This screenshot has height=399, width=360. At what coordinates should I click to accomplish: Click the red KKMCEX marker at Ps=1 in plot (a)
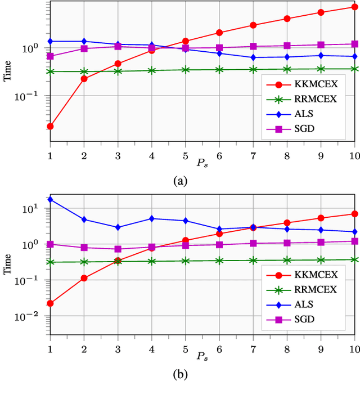pyautogui.click(x=50, y=126)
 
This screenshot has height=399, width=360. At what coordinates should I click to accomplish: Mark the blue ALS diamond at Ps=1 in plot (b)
pyautogui.click(x=50, y=199)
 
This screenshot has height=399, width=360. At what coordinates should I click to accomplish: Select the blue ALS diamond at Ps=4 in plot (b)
pyautogui.click(x=152, y=218)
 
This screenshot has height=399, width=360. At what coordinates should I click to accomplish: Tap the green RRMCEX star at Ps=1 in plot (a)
pyautogui.click(x=50, y=71)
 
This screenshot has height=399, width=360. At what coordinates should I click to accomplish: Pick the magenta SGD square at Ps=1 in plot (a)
pyautogui.click(x=50, y=56)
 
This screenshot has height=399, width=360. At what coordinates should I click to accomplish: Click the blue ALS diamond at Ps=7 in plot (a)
pyautogui.click(x=253, y=57)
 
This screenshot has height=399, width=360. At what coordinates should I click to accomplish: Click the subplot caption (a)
pyautogui.click(x=180, y=180)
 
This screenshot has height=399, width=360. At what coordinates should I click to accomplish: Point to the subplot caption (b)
pyautogui.click(x=180, y=374)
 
